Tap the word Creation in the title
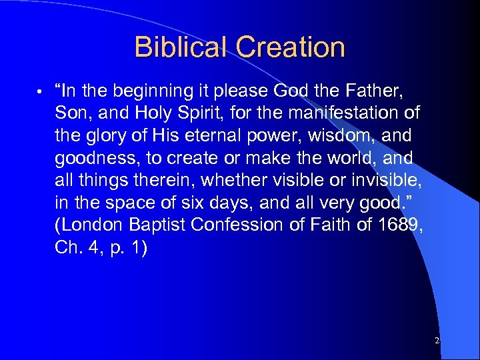[x=291, y=47]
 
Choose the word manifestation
[x=351, y=113]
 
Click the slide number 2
[x=437, y=341]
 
